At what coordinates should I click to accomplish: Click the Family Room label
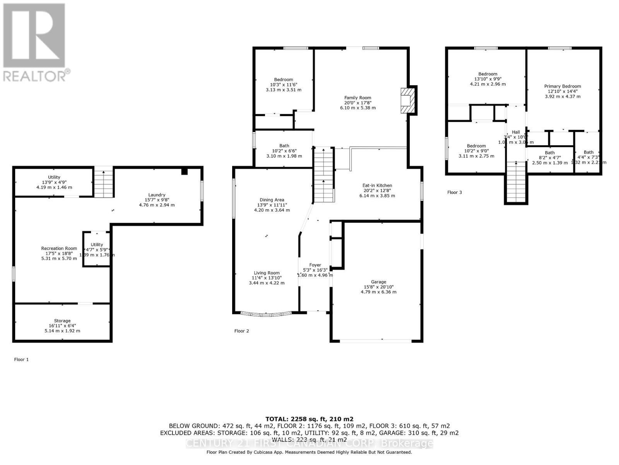pyautogui.click(x=357, y=98)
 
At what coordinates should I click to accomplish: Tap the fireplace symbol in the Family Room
pyautogui.click(x=408, y=100)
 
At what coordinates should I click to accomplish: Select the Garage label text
pyautogui.click(x=378, y=282)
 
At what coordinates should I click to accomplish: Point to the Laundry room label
pyautogui.click(x=157, y=195)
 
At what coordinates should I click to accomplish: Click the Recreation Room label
pyautogui.click(x=59, y=248)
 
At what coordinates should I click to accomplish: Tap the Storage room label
pyautogui.click(x=62, y=321)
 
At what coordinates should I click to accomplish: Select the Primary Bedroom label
pyautogui.click(x=563, y=86)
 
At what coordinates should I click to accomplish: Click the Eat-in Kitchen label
pyautogui.click(x=377, y=186)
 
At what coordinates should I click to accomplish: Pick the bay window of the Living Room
pyautogui.click(x=266, y=313)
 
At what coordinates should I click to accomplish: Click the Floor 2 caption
pyautogui.click(x=241, y=331)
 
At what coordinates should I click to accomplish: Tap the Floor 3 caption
pyautogui.click(x=454, y=192)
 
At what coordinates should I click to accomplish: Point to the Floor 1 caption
pyautogui.click(x=21, y=360)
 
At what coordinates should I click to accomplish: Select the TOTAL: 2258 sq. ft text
pyautogui.click(x=309, y=419)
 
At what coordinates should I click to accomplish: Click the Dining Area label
pyautogui.click(x=272, y=200)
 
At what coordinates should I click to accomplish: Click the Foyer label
pyautogui.click(x=315, y=265)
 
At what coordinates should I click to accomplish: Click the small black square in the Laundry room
pyautogui.click(x=185, y=171)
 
